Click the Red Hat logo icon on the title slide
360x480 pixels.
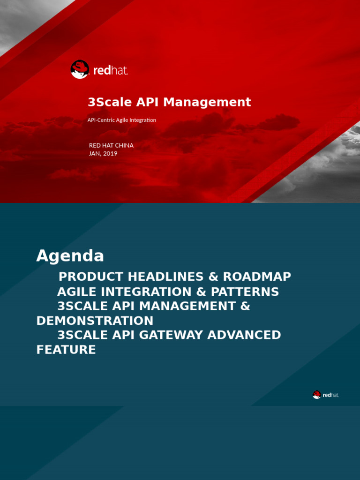pyautogui.click(x=80, y=69)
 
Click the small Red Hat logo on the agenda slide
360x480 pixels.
pyautogui.click(x=317, y=395)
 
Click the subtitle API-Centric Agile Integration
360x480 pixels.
pyautogui.click(x=122, y=120)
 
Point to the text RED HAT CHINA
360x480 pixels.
pyautogui.click(x=111, y=145)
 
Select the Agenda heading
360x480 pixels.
pyautogui.click(x=70, y=256)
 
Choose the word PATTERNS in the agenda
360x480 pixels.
pyautogui.click(x=245, y=292)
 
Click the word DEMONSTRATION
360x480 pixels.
pyautogui.click(x=95, y=321)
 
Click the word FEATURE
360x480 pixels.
pyautogui.click(x=66, y=350)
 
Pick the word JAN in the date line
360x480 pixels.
pyautogui.click(x=94, y=153)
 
